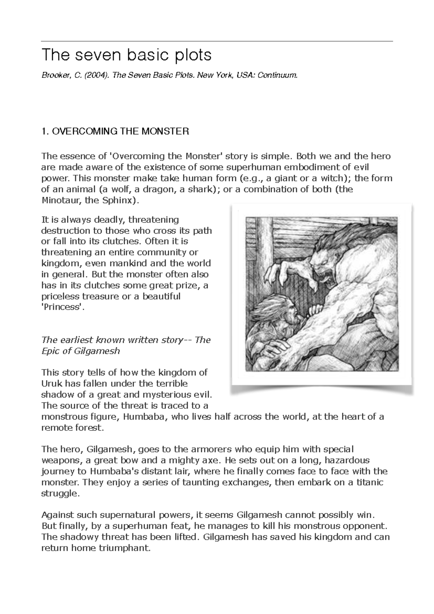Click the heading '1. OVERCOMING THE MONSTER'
(x=115, y=131)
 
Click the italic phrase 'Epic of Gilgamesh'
(x=80, y=351)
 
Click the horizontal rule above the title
(x=217, y=41)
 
